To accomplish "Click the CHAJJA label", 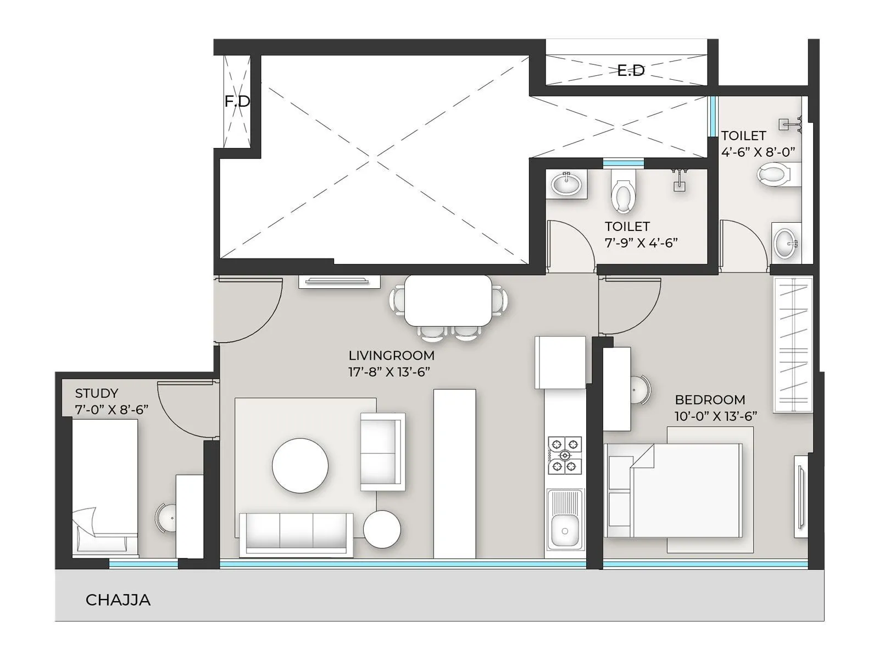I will pos(118,599).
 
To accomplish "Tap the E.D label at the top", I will pos(630,70).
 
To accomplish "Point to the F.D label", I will pos(237,101).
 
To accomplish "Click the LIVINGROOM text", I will pos(391,355).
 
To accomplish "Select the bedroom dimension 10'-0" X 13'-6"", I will pos(715,416).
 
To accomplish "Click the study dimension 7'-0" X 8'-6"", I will pos(112,410).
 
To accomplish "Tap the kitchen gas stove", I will pos(565,455).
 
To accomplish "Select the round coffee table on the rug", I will pos(300,465).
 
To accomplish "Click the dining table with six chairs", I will pos(448,300).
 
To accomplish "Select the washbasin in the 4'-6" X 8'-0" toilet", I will pos(785,242).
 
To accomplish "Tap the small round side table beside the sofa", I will pos(382,529).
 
